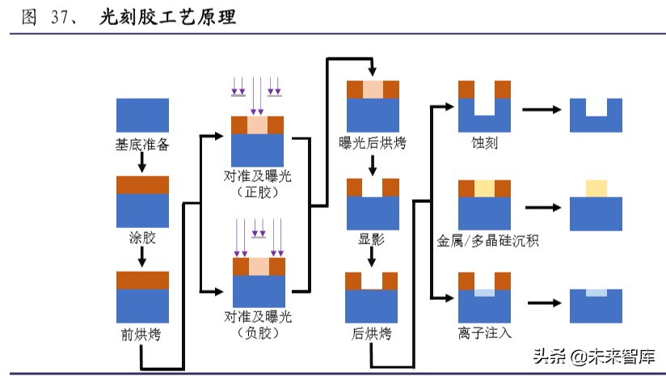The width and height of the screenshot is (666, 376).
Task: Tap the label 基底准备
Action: coord(142,146)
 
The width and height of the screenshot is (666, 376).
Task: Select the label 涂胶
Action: coord(142,239)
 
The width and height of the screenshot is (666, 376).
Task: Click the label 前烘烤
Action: coord(142,333)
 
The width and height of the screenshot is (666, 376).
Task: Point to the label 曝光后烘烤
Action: coord(373,144)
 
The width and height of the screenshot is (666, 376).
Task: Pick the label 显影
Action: coord(372,239)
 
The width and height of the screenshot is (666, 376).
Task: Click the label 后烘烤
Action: coord(372,333)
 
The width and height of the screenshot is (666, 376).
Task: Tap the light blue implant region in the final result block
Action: coord(596,293)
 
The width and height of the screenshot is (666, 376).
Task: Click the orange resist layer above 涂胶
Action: coord(142,184)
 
